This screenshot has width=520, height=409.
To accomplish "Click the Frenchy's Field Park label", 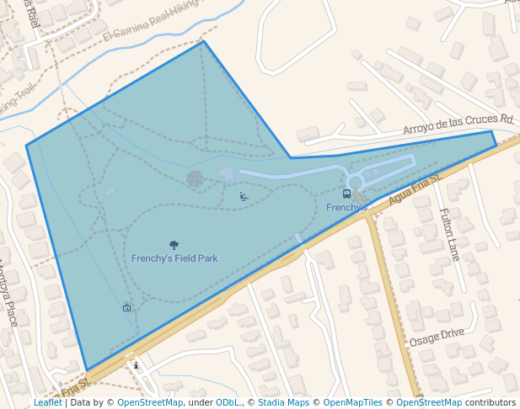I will (174, 258).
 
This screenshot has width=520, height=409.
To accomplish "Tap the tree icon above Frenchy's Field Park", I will (174, 245).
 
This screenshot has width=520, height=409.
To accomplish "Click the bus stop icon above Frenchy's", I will (346, 194).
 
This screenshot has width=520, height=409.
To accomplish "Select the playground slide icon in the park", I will (244, 196).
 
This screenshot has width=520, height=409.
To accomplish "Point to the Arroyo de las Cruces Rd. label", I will (458, 124).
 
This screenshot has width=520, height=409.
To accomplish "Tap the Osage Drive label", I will (437, 337).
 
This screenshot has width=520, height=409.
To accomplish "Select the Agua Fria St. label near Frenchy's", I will (415, 189).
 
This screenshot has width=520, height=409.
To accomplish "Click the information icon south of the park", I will (136, 364).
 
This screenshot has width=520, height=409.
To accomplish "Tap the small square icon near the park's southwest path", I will (126, 308).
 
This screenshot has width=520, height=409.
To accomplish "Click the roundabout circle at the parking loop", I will (355, 182).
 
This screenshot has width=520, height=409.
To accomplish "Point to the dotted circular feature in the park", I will (195, 178).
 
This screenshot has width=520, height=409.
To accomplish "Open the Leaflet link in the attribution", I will (48, 403).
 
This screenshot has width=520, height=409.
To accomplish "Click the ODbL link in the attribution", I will (226, 403).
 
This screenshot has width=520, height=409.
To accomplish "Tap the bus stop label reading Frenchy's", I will (346, 207).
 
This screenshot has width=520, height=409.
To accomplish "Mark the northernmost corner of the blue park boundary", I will (203, 41).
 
